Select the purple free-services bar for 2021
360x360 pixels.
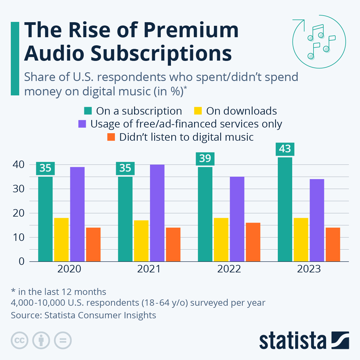pyautogui.click(x=157, y=213)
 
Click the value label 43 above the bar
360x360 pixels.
pyautogui.click(x=285, y=149)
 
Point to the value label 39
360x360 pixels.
pyautogui.click(x=205, y=158)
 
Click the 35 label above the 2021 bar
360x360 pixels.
pyautogui.click(x=125, y=168)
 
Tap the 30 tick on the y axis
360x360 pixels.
pyautogui.click(x=18, y=189)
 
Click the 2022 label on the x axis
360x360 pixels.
pyautogui.click(x=229, y=269)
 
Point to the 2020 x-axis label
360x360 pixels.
pyautogui.click(x=69, y=269)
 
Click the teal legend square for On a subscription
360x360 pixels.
pyautogui.click(x=88, y=111)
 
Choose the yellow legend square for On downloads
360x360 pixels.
pyautogui.click(x=198, y=111)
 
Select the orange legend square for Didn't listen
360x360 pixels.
pyautogui.click(x=111, y=137)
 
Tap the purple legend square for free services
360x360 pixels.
pyautogui.click(x=82, y=124)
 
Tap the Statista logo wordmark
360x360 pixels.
pyautogui.click(x=292, y=340)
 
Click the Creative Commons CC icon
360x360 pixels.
pyautogui.click(x=19, y=340)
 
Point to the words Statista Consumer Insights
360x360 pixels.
pyautogui.click(x=100, y=315)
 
